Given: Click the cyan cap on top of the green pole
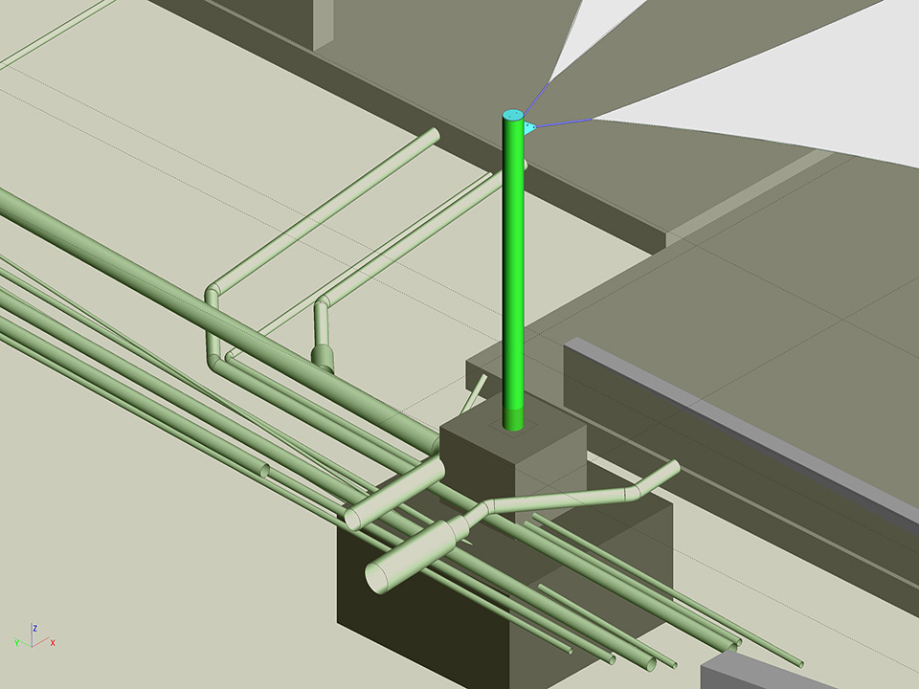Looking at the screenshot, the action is tap(513, 115).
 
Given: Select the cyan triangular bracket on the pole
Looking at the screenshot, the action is tap(529, 127).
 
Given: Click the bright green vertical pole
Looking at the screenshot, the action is tap(513, 264).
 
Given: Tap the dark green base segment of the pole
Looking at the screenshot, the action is tap(513, 420).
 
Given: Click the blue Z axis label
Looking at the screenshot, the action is tap(35, 628).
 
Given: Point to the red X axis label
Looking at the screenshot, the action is tap(53, 643).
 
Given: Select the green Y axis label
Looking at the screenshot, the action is tap(17, 643).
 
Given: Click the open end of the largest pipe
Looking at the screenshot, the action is tap(376, 576).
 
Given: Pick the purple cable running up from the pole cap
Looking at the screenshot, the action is tap(537, 98).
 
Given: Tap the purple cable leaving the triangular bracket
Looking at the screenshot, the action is tap(563, 122).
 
